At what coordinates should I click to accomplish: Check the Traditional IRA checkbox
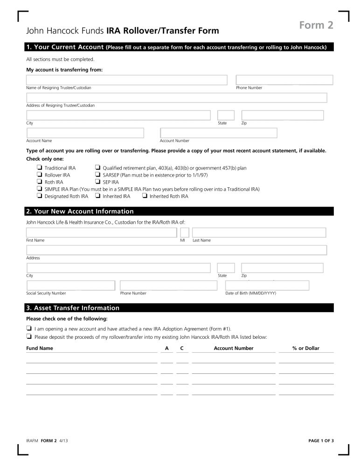point(39,168)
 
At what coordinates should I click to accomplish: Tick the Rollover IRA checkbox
point(39,175)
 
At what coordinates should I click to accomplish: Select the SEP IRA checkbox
point(97,182)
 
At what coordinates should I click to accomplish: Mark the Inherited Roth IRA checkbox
point(145,196)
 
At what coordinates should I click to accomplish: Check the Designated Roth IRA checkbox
point(39,196)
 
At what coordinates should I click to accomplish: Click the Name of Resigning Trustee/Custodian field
point(126,80)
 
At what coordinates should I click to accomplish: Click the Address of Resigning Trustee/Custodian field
point(176,98)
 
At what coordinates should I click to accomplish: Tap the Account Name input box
point(85,133)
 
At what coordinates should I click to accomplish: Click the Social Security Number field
point(70,286)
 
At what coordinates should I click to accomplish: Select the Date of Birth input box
point(267,286)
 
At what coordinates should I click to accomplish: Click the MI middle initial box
point(185,233)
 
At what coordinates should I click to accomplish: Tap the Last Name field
point(259,233)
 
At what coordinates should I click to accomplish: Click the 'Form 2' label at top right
point(316,25)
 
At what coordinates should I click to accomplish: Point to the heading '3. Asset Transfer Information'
point(73,308)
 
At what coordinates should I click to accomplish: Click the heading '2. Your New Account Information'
point(80,212)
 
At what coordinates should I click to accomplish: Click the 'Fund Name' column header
point(40,348)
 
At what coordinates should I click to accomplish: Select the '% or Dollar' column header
point(305,348)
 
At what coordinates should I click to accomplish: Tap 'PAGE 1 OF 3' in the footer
point(321,440)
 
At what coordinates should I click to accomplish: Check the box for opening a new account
point(29,329)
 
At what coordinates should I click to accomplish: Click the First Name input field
point(101,233)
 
